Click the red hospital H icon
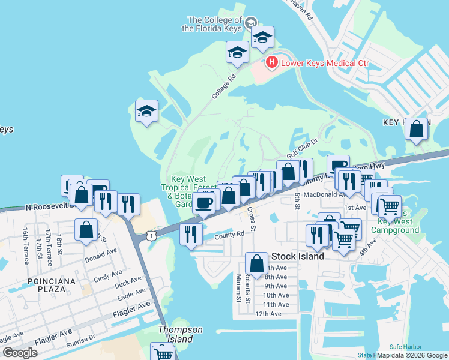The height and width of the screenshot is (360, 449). tap(271, 62)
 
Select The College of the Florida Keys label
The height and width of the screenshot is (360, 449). tap(215, 24)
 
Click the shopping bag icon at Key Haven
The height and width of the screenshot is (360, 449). tap(417, 129)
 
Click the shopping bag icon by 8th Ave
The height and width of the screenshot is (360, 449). tap(256, 263)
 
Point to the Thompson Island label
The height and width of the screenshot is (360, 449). tap(180, 334)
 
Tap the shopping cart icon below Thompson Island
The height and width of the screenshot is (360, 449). tap(162, 353)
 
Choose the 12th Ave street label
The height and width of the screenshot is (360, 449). tap(268, 314)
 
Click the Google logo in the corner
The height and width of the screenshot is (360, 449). tap(20, 352)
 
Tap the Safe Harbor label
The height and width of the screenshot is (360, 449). tap(405, 347)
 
